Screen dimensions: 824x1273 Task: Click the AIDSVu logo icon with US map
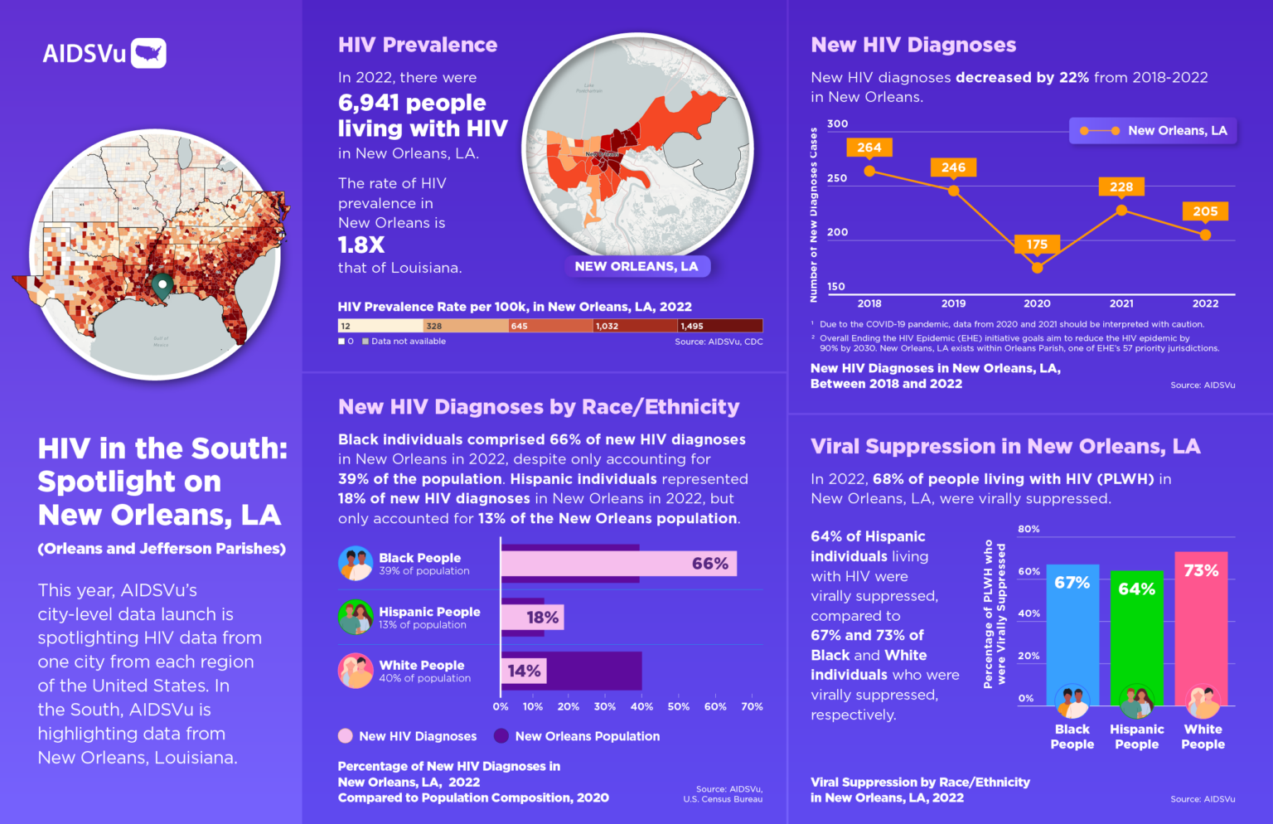[148, 53]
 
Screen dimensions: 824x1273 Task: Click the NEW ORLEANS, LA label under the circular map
[636, 266]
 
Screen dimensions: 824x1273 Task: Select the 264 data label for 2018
[869, 148]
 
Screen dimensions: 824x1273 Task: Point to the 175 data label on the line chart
[1036, 245]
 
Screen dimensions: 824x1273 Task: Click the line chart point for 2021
[1121, 210]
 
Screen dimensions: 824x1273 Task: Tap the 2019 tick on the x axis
[953, 303]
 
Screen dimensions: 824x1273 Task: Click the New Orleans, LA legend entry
[1153, 131]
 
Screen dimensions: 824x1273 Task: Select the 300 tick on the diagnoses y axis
[837, 124]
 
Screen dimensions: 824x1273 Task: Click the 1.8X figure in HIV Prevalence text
[361, 245]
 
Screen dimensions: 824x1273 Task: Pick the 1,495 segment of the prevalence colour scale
[719, 326]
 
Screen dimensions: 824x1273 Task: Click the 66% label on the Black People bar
[710, 564]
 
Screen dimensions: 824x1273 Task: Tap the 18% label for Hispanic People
[542, 618]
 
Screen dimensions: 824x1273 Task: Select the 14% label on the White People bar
[524, 671]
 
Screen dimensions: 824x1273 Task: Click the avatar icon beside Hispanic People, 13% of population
[356, 618]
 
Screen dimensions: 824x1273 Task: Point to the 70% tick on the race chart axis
[752, 706]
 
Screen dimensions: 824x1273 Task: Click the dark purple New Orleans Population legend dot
[501, 736]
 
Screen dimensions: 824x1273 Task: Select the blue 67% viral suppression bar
[1072, 630]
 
